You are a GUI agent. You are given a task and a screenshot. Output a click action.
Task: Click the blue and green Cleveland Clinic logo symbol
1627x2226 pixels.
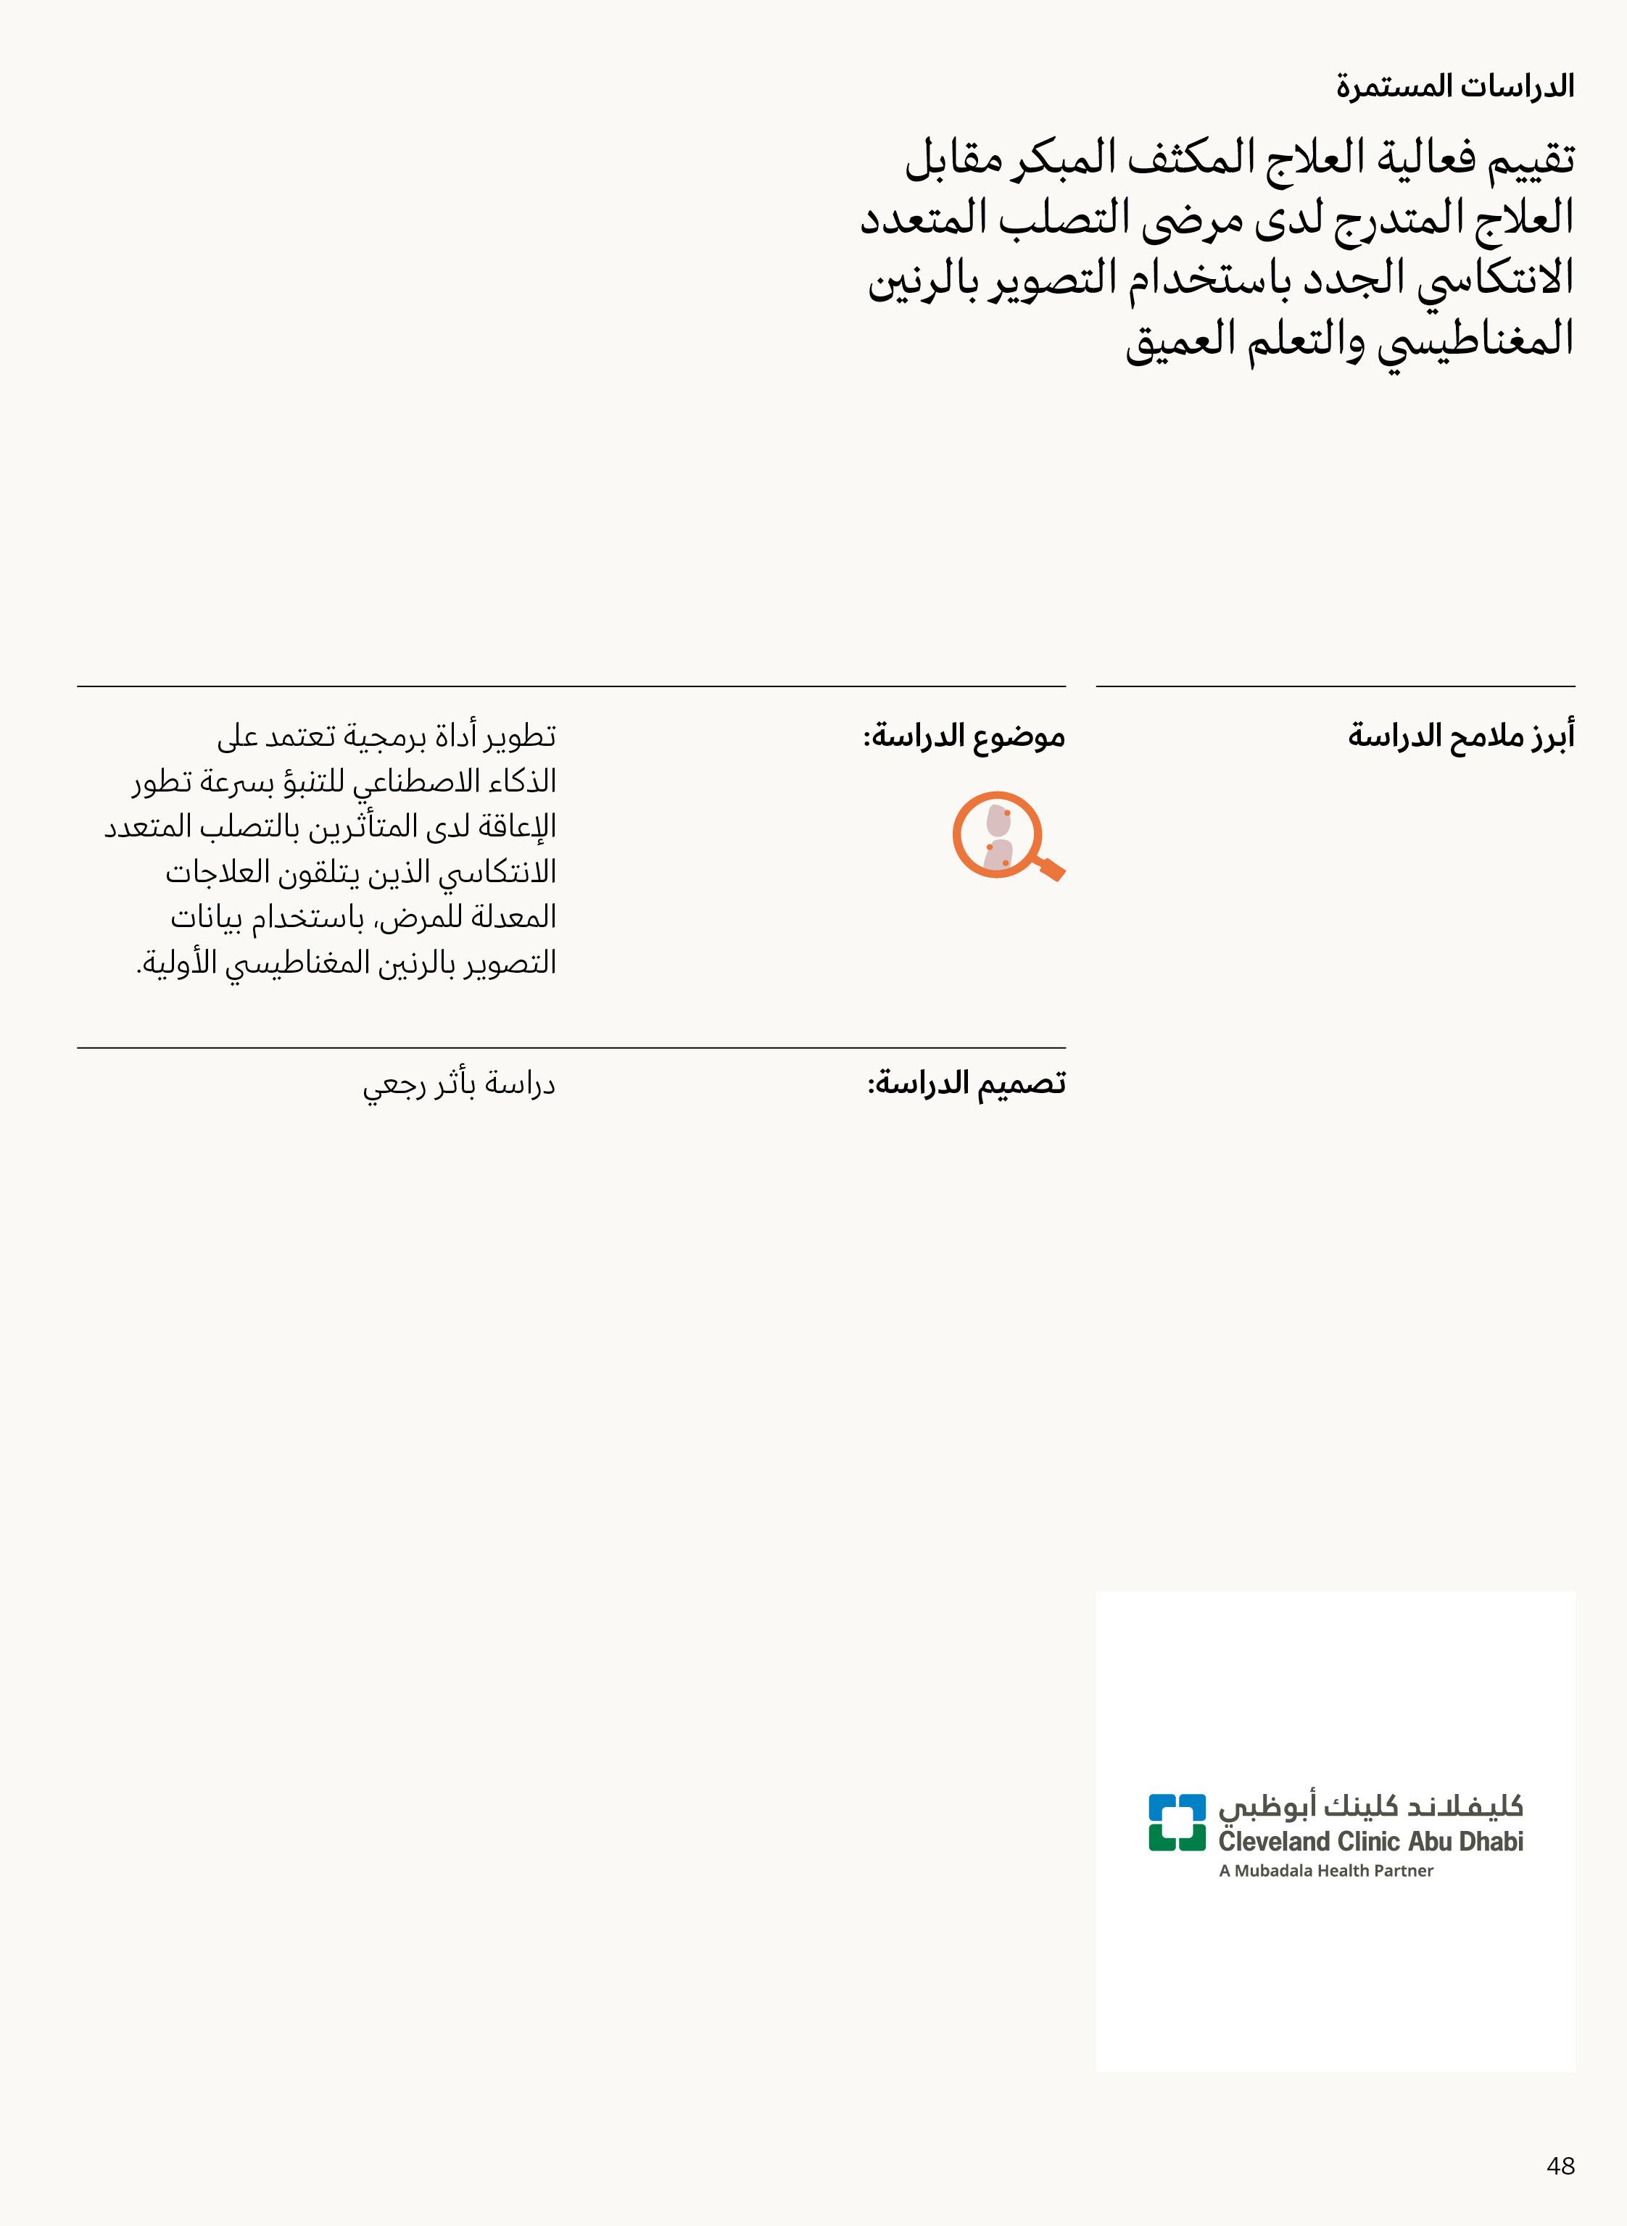(x=1177, y=1822)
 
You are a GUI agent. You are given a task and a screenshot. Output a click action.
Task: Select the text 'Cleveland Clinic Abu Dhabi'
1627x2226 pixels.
(x=1370, y=1841)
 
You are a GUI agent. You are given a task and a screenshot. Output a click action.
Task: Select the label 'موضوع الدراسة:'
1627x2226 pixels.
(x=964, y=736)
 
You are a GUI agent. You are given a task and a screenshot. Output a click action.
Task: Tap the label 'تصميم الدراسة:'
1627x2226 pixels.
(x=966, y=1084)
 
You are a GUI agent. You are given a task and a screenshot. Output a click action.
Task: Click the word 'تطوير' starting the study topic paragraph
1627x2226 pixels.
(x=521, y=736)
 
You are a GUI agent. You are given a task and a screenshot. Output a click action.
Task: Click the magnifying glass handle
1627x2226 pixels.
(x=1051, y=868)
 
